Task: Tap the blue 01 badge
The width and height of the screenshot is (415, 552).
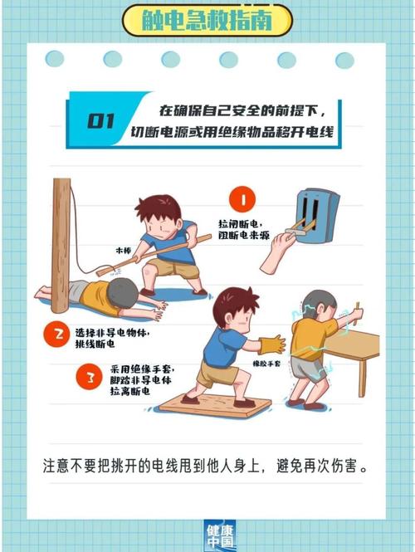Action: coord(100,121)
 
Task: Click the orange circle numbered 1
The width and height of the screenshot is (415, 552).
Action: coord(242,200)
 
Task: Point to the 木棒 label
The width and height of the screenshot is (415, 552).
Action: coord(124,249)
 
